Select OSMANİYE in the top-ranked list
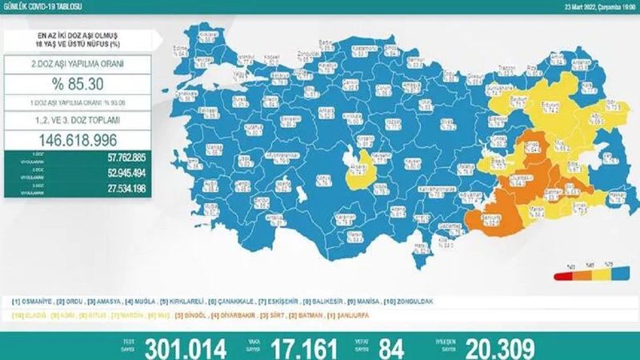38,302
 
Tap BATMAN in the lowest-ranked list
294,316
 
